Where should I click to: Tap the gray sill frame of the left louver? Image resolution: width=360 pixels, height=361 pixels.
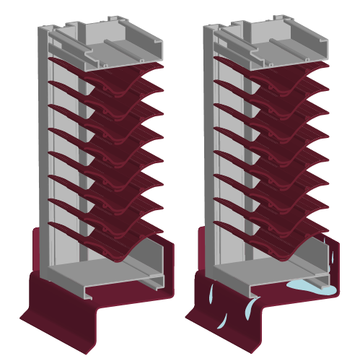tap(108, 278)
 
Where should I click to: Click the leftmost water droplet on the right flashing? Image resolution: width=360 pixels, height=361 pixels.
tap(211, 294)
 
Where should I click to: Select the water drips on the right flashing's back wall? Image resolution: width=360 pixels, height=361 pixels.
tap(331, 260)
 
